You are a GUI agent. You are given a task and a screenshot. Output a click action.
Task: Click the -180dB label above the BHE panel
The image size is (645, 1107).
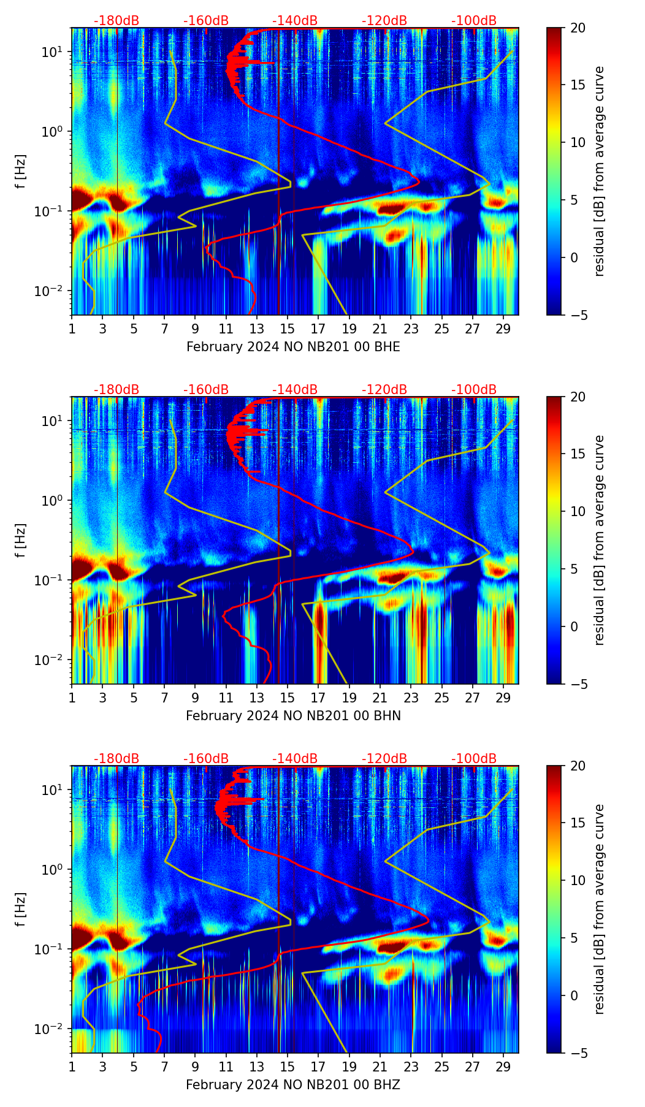coord(116,21)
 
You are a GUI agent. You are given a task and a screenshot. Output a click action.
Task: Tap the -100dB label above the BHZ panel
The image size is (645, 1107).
coord(474,759)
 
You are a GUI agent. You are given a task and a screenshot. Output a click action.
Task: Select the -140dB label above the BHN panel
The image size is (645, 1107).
coord(295,390)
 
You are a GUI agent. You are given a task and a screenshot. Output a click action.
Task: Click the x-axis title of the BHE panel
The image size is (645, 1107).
coord(293,347)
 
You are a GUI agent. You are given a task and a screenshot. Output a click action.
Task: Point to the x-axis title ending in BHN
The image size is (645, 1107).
coord(293,716)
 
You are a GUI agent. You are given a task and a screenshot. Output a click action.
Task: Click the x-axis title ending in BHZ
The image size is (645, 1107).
coord(293,1085)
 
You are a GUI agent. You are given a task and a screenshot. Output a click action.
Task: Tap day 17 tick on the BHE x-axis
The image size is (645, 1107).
coord(318,329)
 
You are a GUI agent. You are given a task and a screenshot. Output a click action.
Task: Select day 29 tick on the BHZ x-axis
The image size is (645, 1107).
coord(503,1067)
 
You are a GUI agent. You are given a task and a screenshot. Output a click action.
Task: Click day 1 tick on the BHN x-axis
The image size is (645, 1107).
coord(72,698)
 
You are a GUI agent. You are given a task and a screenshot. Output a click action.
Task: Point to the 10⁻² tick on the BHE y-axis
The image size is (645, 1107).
coord(54,291)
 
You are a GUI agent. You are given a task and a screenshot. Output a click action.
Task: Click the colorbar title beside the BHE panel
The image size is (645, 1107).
coord(599,171)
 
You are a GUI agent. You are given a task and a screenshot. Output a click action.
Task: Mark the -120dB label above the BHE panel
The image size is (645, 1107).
coord(384,21)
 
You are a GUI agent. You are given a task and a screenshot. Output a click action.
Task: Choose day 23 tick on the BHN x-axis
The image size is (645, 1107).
coord(411,698)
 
